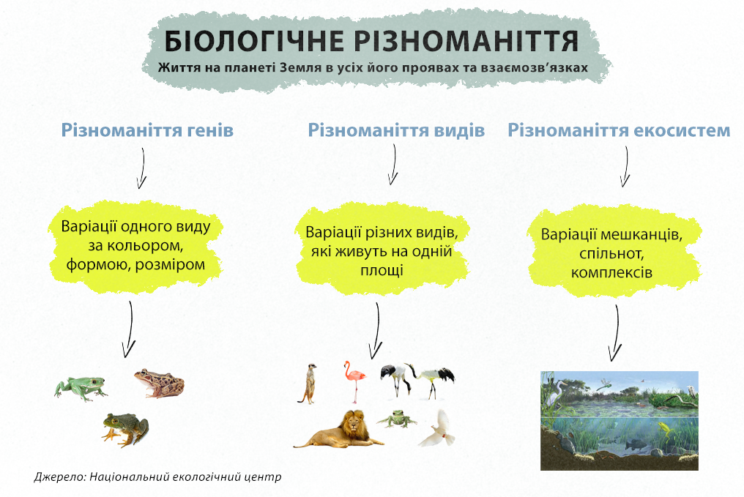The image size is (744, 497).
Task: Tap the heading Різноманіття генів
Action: pos(148,130)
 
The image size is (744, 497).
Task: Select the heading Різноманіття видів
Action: pos(397,130)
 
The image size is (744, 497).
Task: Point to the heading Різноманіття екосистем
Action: pos(620,130)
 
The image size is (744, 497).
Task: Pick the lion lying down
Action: pos(339,430)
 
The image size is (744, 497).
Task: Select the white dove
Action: pos(436,429)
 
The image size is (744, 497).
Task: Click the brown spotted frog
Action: pos(159,384)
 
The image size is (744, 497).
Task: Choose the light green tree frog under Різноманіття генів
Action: pos(81,389)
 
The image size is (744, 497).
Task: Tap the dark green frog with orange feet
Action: pos(124,429)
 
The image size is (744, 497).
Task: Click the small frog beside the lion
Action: pos(397,419)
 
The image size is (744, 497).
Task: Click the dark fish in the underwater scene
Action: pos(636,444)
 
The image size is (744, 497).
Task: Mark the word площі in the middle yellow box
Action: pos(382,270)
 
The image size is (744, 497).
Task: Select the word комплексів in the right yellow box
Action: pos(611,273)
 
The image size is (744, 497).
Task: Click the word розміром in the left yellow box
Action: pos(170,265)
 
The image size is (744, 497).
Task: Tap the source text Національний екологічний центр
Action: pos(185,477)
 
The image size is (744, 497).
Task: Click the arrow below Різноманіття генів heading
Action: pos(141,168)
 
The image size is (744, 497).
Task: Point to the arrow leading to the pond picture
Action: pos(616,333)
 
